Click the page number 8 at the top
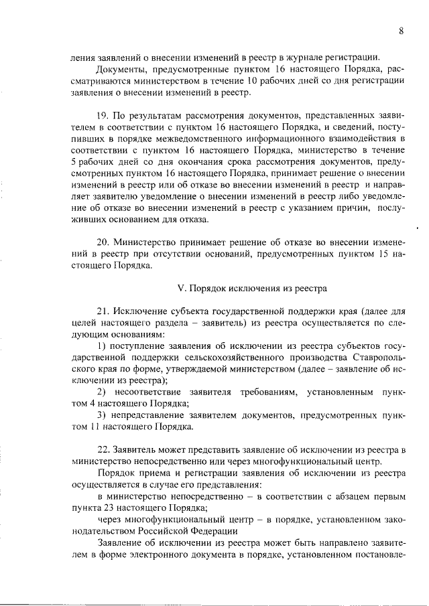pyautogui.click(x=400, y=31)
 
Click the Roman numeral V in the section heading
pyautogui.click(x=180, y=289)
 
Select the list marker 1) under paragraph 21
pyautogui.click(x=102, y=345)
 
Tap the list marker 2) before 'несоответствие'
pyautogui.click(x=102, y=391)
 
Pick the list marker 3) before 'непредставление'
pyautogui.click(x=102, y=414)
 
